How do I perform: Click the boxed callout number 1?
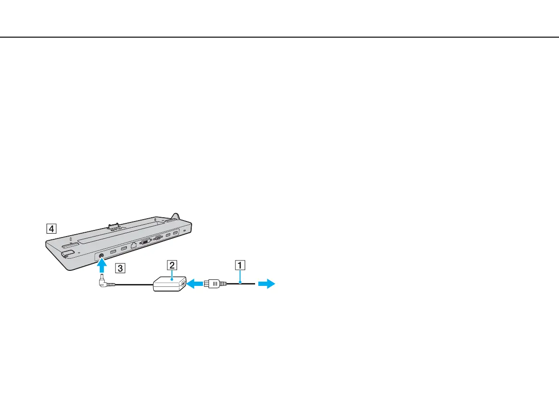point(240,265)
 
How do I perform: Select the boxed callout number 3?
point(121,269)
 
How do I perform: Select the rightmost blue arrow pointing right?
point(267,284)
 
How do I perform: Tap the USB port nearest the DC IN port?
point(113,252)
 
